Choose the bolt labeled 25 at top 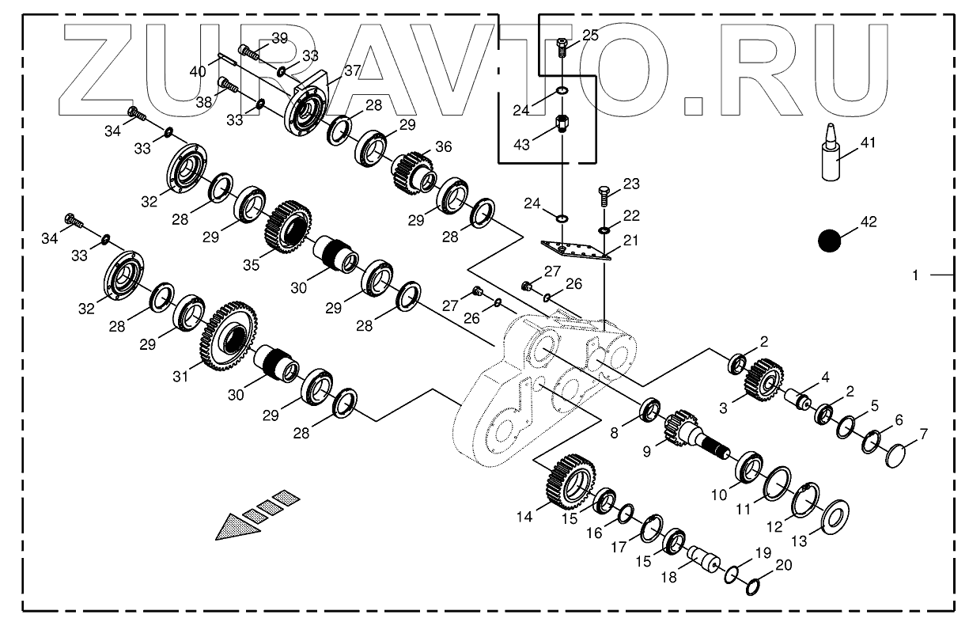(561, 47)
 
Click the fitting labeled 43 (561, 124)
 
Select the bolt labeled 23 (604, 192)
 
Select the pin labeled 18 (702, 559)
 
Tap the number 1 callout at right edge (915, 275)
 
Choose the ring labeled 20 (753, 587)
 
